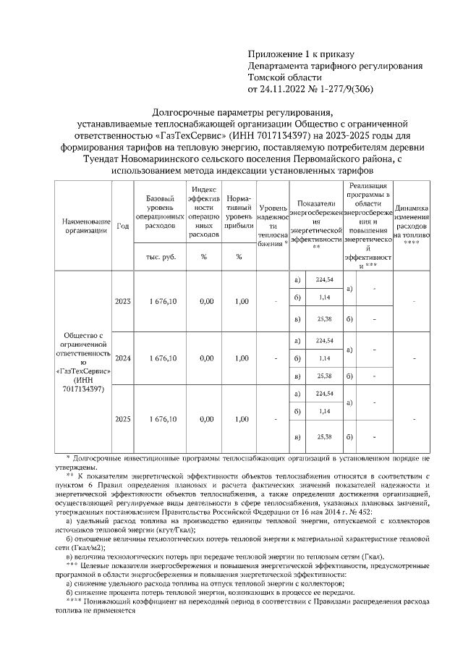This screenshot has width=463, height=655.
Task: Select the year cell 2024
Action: pyautogui.click(x=122, y=358)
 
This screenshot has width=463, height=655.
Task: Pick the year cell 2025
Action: pyautogui.click(x=122, y=419)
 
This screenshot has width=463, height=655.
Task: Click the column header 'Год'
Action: pyautogui.click(x=122, y=225)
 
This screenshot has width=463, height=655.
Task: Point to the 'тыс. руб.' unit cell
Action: pyautogui.click(x=158, y=257)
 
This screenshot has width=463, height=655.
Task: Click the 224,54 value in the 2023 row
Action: pyautogui.click(x=324, y=280)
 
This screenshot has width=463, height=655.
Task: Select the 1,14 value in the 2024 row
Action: pyautogui.click(x=324, y=358)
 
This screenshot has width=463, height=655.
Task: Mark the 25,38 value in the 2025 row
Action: pyautogui.click(x=324, y=437)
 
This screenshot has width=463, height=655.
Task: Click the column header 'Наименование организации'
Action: pyautogui.click(x=85, y=225)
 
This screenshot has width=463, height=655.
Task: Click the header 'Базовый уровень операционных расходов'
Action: pyautogui.click(x=158, y=212)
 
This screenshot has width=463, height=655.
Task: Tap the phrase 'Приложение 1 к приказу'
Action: pyautogui.click(x=300, y=54)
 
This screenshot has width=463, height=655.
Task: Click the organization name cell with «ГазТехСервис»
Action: pyautogui.click(x=85, y=363)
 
